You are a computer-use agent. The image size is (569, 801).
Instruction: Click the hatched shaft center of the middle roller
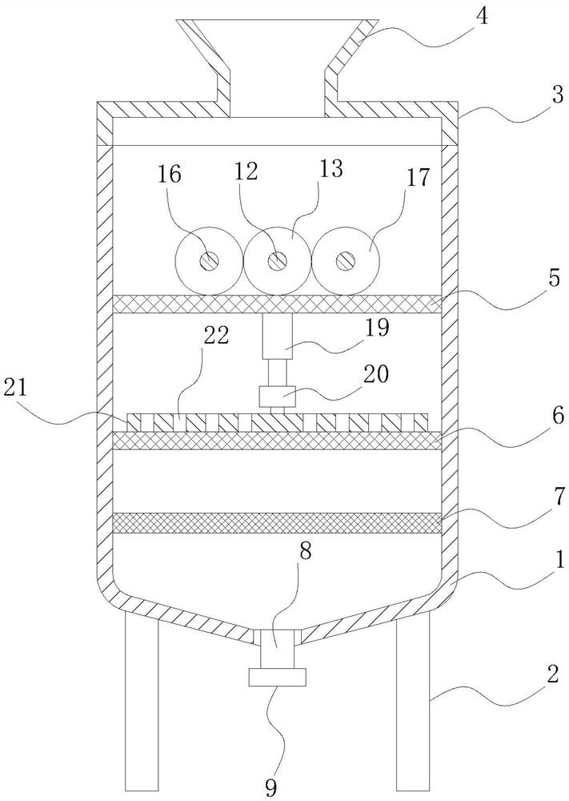coord(278,261)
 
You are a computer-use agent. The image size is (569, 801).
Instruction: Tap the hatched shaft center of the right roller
coord(347,261)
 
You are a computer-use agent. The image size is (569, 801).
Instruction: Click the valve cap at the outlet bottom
coord(278,678)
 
